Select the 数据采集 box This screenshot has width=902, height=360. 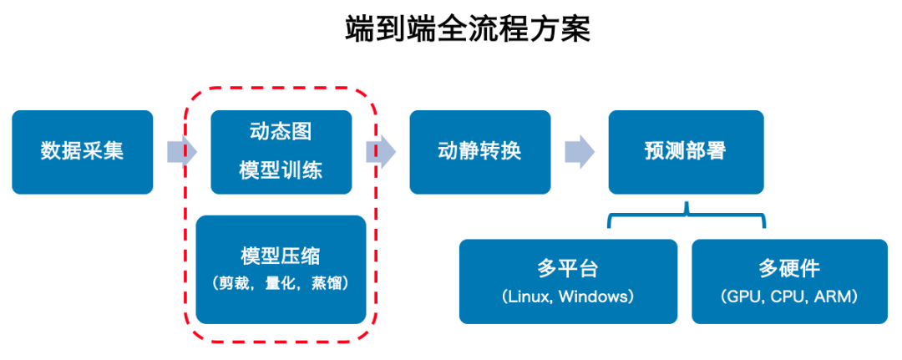click(x=82, y=152)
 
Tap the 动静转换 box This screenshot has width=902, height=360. click(x=479, y=152)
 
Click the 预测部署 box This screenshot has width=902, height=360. click(x=685, y=152)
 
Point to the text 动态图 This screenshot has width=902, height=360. click(x=281, y=133)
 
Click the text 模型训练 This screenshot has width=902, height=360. click(x=281, y=171)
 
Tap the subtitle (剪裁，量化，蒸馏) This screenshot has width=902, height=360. click(x=281, y=283)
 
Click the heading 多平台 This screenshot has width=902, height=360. click(x=568, y=268)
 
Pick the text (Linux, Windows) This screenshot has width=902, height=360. click(x=568, y=297)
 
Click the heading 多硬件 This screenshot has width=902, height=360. click(x=789, y=268)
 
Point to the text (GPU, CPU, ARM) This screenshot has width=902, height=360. click(x=789, y=297)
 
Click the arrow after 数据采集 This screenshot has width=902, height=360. click(x=181, y=152)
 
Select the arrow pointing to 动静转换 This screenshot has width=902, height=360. click(x=380, y=152)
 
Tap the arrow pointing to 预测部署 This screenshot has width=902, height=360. click(x=579, y=152)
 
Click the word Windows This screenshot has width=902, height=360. click(x=594, y=297)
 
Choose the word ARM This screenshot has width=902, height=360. click(x=835, y=297)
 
